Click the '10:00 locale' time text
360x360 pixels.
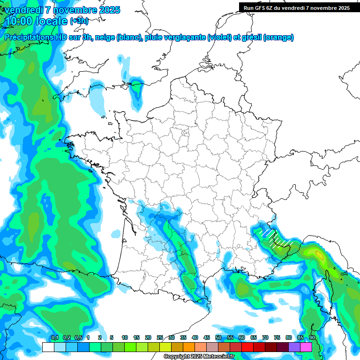coord(36,21)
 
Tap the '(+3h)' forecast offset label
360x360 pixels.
coord(79,21)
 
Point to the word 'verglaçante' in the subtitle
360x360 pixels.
coord(185,37)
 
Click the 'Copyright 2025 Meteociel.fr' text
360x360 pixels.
coord(199,357)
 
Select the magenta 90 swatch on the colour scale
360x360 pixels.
coord(307,347)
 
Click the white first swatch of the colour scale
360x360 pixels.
coord(48,347)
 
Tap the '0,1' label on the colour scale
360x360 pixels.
coord(54,338)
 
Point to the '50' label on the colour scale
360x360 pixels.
coord(218,338)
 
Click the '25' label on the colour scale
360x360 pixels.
coord(160,338)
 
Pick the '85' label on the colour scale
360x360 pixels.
coord(300,338)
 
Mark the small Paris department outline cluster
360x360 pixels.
coord(185,133)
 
